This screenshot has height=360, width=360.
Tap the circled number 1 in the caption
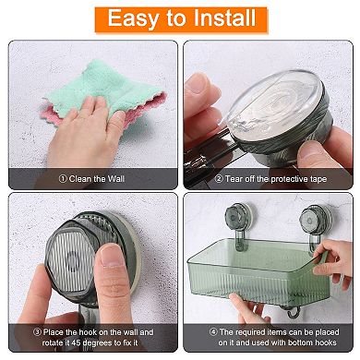click(x=63, y=178)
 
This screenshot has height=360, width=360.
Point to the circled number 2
click(x=219, y=178)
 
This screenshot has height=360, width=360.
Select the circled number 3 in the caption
click(x=36, y=330)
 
